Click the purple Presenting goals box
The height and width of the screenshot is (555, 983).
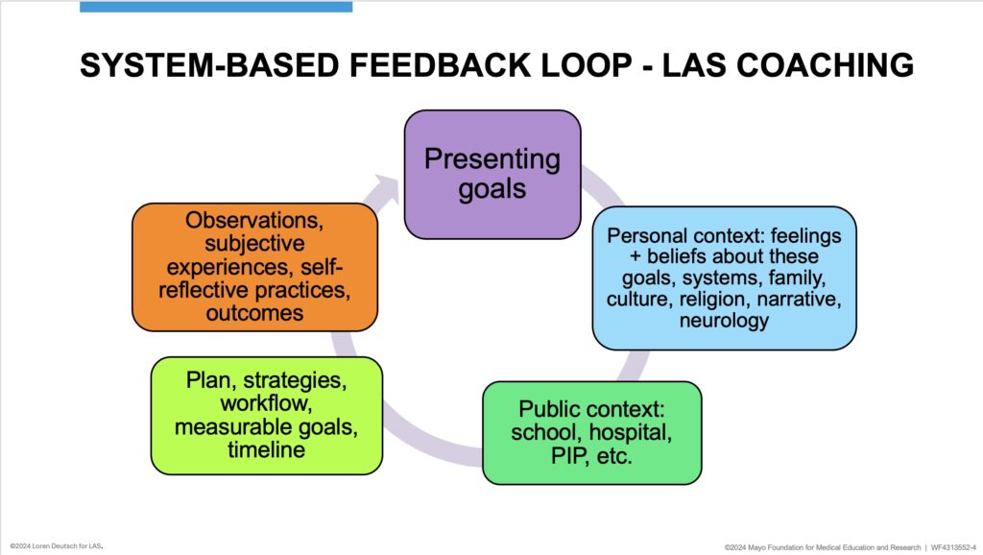pos(492,175)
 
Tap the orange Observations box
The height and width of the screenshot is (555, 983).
pos(254,267)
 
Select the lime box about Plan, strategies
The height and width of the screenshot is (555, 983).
pos(267,415)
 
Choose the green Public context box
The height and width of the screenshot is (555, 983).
pos(591,433)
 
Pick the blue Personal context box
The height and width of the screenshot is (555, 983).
pos(724,277)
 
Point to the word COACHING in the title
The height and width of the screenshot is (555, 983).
pos(825,65)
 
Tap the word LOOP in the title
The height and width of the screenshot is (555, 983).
pos(587,65)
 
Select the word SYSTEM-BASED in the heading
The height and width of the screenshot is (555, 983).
pos(209,65)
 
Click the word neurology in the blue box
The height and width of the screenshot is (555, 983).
pos(724,321)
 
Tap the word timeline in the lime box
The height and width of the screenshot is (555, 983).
pos(267,449)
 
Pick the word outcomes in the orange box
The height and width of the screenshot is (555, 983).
pos(254,313)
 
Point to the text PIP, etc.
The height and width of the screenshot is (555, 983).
pos(591,456)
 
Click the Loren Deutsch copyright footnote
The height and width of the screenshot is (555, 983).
pos(57,546)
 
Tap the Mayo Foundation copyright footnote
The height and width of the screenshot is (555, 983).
pos(823,547)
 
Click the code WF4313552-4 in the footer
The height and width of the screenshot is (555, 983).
pos(953,547)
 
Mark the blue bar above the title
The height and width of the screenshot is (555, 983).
pos(216,7)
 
